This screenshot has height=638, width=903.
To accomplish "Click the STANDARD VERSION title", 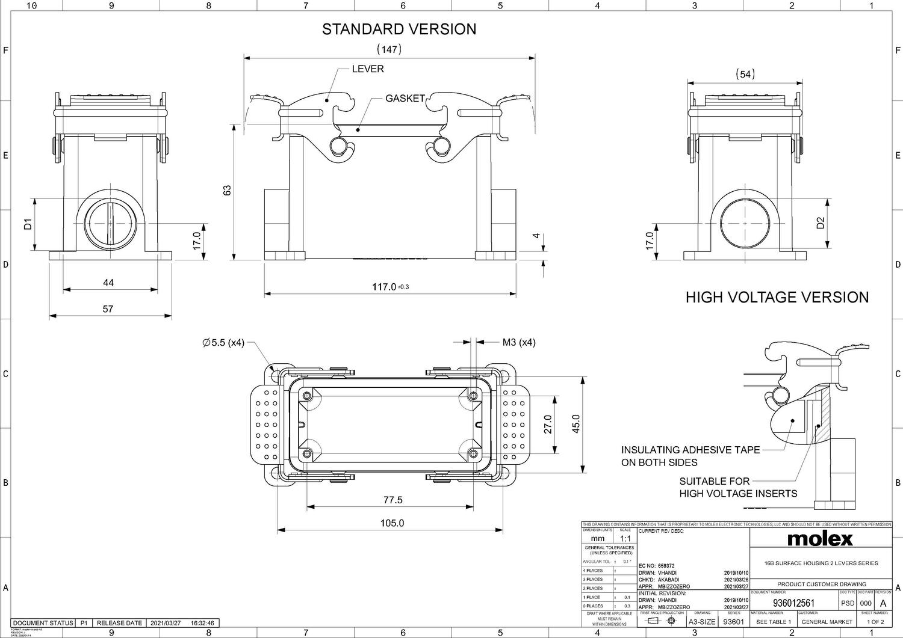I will (x=399, y=29).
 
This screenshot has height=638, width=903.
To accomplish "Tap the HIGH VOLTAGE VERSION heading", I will (x=777, y=297).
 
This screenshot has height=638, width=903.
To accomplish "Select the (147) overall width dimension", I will (x=389, y=49).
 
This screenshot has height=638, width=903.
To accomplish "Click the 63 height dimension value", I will (x=227, y=190).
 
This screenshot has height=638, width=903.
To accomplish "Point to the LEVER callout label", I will (x=368, y=69).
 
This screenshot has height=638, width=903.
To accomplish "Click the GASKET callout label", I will (x=405, y=98).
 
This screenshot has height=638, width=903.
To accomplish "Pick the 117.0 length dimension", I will (x=385, y=287).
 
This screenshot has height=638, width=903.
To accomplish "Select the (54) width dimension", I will (x=745, y=74).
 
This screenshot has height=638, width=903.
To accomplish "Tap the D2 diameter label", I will (x=820, y=223).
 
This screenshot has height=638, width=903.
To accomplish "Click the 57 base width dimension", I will (x=108, y=309).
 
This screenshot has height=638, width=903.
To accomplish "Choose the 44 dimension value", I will (x=108, y=283).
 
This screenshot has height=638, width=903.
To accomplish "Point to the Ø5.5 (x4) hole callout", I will (x=223, y=343).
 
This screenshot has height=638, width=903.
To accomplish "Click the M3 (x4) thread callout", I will (x=518, y=343).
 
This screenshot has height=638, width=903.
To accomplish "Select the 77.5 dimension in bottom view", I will (x=393, y=500).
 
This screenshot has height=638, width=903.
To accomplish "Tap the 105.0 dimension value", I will (x=392, y=523).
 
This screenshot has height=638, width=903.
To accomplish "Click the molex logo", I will (x=820, y=538).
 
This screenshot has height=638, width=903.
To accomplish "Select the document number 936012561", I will (x=793, y=603).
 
